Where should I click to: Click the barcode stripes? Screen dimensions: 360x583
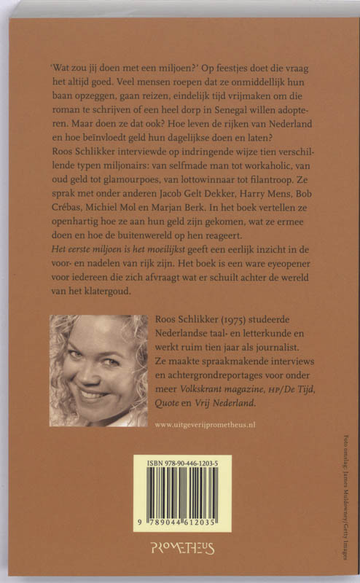pyautogui.click(x=181, y=491)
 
